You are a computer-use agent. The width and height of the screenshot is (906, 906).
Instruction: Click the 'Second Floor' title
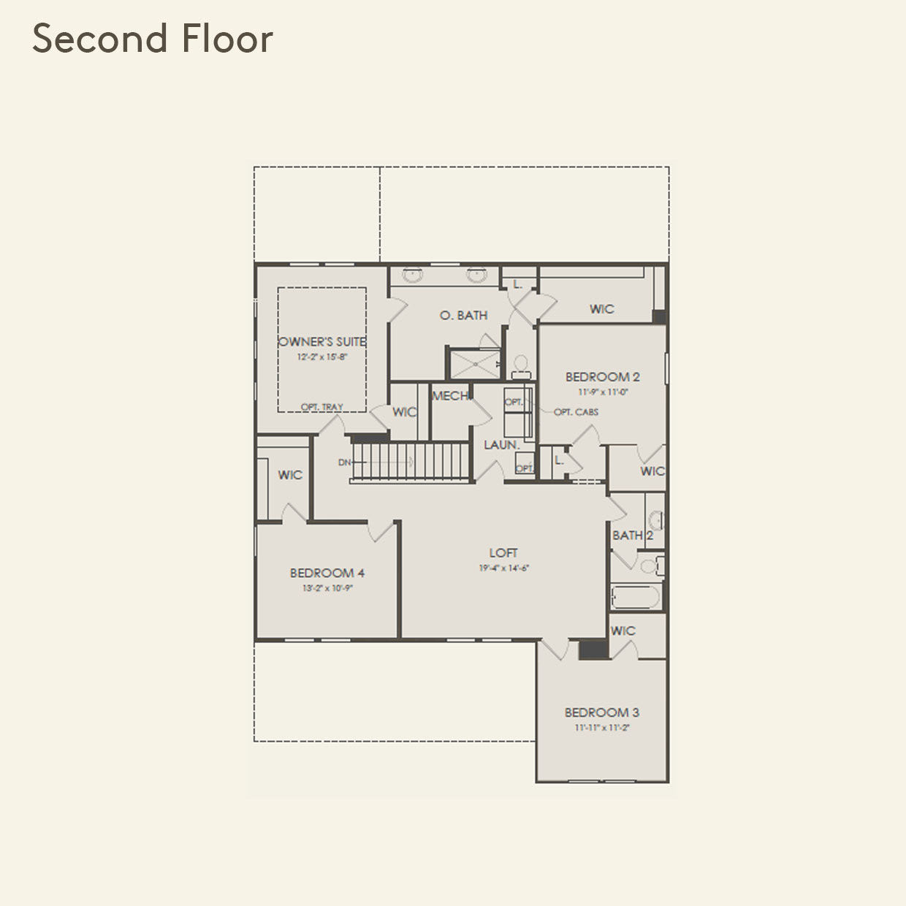coord(153,39)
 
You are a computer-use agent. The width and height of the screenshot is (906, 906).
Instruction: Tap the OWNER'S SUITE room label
coord(322,341)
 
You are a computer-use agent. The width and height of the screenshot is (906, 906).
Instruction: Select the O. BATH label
coord(463,316)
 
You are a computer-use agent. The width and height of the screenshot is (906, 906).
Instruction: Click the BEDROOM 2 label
coord(602,377)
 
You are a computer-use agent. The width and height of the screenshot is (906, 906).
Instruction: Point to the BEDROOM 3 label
coord(601,712)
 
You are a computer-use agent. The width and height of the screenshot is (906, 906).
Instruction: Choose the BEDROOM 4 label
coord(327,574)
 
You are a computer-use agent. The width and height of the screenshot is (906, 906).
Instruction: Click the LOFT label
coord(503,553)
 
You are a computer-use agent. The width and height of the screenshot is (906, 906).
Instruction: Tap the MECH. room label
coord(450,396)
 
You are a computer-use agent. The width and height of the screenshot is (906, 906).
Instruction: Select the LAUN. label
coord(501,445)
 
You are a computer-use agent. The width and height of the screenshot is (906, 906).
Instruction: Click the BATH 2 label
coord(633,536)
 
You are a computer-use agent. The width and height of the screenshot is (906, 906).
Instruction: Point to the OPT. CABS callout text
coord(576,412)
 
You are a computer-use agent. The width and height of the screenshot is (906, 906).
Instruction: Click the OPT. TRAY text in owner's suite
coord(321,407)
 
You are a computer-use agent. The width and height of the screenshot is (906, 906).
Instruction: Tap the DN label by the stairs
coord(344,462)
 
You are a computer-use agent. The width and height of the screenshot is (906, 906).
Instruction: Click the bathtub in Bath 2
coord(636,597)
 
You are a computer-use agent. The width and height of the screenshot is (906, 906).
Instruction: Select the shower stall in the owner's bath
coord(473,363)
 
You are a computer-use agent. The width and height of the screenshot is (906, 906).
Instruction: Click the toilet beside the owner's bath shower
coord(521,365)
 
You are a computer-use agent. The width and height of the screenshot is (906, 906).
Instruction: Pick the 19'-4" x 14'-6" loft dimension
coord(503,568)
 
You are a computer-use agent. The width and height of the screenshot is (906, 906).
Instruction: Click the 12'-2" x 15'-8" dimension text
coord(321,357)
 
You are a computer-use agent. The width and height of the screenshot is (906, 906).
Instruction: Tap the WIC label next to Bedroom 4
coord(290,475)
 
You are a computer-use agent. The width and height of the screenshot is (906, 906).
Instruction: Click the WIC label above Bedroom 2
coord(601,309)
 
